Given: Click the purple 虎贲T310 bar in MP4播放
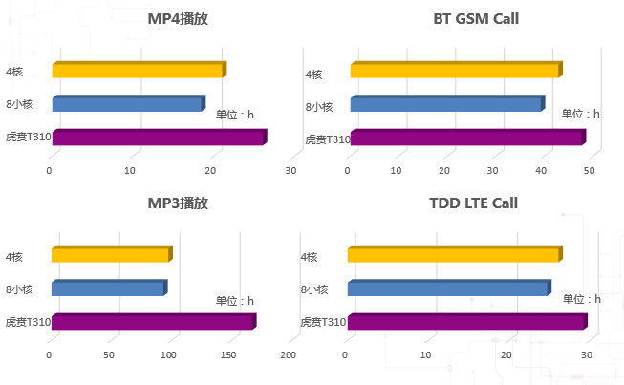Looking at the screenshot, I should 158,138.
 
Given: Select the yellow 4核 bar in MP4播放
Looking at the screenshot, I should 138,70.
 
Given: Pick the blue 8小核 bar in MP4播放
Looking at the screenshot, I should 128,104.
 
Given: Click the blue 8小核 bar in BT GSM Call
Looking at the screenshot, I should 446,104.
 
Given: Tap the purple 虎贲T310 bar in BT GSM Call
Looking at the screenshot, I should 466,138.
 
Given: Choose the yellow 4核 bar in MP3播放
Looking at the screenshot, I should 111,254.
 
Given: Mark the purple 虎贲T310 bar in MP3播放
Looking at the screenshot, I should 153,322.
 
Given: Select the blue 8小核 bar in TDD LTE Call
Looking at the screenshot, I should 448,288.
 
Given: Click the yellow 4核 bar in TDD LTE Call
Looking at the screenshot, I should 454,254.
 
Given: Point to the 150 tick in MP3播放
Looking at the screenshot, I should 229,355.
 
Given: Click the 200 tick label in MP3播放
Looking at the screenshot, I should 288,355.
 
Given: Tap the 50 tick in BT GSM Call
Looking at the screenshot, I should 590,171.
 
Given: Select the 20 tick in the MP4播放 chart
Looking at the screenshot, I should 210,171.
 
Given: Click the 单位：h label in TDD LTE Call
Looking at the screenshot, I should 581,299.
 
